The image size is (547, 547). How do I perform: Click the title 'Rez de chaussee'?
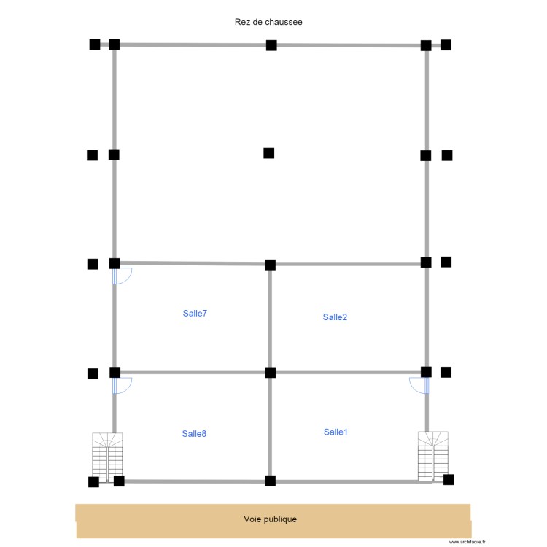(x=268, y=22)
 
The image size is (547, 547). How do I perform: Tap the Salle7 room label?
(x=195, y=314)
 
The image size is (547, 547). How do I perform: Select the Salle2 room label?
(x=335, y=317)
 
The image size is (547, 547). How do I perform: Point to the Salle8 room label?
(x=194, y=434)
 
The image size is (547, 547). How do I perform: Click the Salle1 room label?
(x=335, y=432)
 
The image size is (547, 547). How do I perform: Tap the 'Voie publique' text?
(x=270, y=519)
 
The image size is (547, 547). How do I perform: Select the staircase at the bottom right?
(x=432, y=456)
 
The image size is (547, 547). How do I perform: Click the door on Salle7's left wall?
(x=121, y=276)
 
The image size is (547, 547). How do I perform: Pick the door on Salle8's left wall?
(x=121, y=386)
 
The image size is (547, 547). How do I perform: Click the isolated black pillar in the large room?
(x=268, y=153)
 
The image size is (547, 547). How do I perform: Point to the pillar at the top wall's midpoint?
(x=271, y=45)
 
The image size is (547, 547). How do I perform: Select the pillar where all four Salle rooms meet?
(x=271, y=373)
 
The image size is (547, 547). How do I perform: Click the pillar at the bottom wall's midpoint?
(x=270, y=481)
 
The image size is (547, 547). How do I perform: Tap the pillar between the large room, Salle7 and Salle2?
(x=270, y=264)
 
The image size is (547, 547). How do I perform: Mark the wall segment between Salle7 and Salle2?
(x=270, y=318)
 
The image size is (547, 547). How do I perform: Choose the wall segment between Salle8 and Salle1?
(x=270, y=427)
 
